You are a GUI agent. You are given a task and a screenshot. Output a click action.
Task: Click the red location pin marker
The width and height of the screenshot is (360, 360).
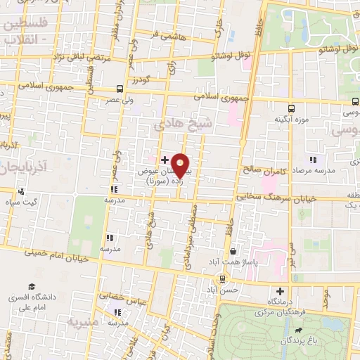(181, 165)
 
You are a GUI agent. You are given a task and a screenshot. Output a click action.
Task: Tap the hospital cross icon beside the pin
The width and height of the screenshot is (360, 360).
(165, 160)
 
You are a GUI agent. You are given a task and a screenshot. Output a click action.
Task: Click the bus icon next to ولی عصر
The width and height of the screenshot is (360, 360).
(120, 89)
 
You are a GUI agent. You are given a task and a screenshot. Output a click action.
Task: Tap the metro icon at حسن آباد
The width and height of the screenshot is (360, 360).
(223, 279)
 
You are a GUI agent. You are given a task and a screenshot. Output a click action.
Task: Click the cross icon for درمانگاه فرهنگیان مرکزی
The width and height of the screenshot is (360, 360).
(281, 291)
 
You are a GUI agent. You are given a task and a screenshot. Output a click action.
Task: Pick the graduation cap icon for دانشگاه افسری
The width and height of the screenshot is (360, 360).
(31, 287)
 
